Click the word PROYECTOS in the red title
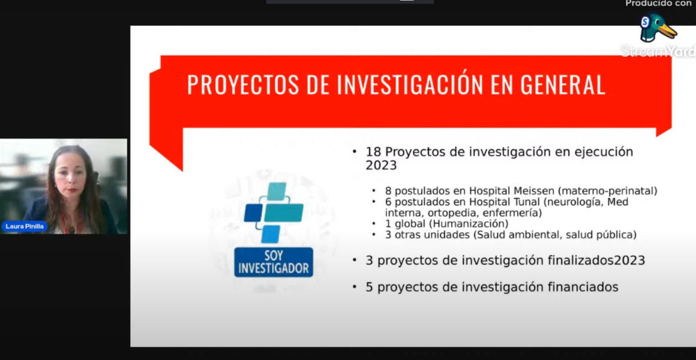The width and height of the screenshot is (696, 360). [x=239, y=85]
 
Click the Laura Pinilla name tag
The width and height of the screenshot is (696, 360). [x=25, y=226]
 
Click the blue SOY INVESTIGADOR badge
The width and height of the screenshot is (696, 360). [x=274, y=262]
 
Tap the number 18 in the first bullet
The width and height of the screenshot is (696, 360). [x=373, y=151]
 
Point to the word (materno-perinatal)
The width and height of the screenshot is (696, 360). [x=607, y=191]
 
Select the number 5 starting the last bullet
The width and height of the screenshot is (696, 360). [x=370, y=287]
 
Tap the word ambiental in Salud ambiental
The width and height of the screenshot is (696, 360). [x=530, y=235]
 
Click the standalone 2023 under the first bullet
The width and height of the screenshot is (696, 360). [x=381, y=165]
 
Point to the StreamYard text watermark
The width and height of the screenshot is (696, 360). [x=658, y=50]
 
